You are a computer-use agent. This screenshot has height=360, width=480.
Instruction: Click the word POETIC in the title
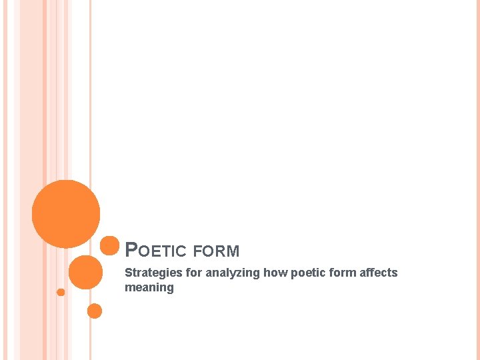pyautogui.click(x=157, y=251)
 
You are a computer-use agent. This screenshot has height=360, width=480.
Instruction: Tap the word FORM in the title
pyautogui.click(x=216, y=251)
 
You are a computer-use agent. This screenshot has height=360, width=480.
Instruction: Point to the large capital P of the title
pyautogui.click(x=131, y=250)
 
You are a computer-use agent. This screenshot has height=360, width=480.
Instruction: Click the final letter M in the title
pyautogui.click(x=233, y=251)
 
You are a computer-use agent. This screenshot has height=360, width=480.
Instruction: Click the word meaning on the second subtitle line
pyautogui.click(x=149, y=288)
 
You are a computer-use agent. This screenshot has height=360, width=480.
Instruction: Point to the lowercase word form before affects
pyautogui.click(x=341, y=273)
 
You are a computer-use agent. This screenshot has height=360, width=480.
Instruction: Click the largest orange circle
pyautogui.click(x=66, y=214)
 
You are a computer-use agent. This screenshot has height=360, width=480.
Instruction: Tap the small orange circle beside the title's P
pyautogui.click(x=109, y=245)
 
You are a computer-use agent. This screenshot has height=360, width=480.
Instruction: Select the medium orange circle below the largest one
pyautogui.click(x=86, y=272)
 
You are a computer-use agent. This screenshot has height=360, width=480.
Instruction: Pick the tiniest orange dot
pyautogui.click(x=61, y=292)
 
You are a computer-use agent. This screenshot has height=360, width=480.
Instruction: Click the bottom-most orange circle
pyautogui.click(x=95, y=311)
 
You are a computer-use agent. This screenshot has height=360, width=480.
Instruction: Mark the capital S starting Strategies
pyautogui.click(x=129, y=273)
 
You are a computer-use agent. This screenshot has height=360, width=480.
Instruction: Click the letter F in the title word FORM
pyautogui.click(x=197, y=251)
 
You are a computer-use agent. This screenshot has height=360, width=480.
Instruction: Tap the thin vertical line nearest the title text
pyautogui.click(x=91, y=133)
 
